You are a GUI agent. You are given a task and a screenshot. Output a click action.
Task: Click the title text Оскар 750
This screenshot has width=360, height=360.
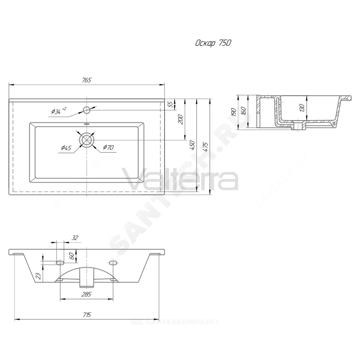(213, 43)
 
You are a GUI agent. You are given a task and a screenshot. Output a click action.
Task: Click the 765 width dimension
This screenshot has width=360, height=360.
(86, 80)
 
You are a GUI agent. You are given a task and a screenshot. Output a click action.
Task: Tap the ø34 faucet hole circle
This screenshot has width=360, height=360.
(86, 110)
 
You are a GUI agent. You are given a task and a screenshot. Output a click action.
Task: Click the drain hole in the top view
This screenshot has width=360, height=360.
(87, 140)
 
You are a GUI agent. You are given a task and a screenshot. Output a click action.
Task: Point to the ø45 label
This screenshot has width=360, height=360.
(66, 148)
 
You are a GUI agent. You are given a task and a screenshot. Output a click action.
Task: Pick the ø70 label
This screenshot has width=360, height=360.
(108, 147)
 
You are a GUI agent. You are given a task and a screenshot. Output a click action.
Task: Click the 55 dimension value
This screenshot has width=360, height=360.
(170, 104)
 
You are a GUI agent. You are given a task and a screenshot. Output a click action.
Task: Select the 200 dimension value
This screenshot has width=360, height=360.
(180, 119)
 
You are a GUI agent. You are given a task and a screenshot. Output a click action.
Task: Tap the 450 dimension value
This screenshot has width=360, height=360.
(192, 145)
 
